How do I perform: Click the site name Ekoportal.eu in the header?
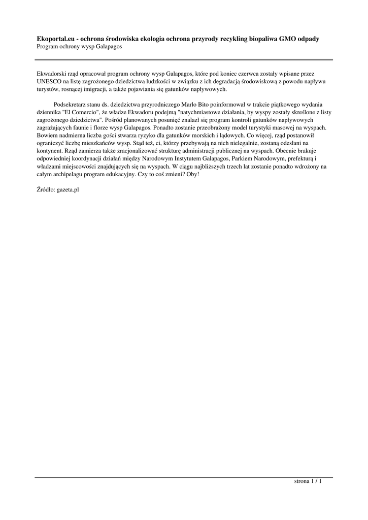[55, 39]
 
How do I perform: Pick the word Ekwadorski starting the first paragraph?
[54, 73]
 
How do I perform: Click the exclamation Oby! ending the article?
[192, 174]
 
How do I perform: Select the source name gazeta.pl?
[68, 190]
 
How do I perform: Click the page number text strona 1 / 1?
[308, 481]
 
